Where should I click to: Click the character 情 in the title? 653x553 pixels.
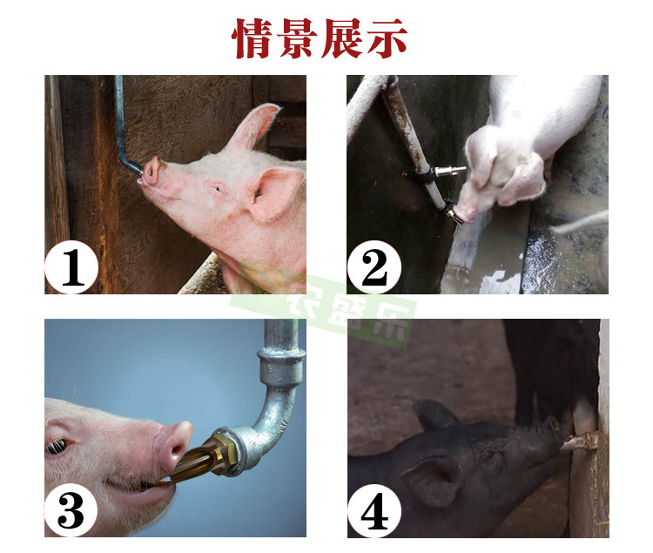click(x=253, y=39)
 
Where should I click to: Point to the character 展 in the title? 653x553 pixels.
click(x=347, y=39)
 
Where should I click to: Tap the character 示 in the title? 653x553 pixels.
click(x=394, y=39)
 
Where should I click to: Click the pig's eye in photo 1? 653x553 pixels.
click(x=216, y=188)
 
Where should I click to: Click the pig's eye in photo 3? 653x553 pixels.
click(x=57, y=446)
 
